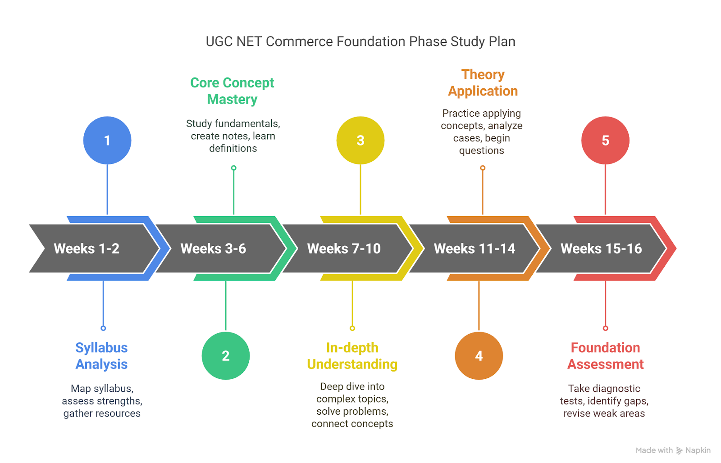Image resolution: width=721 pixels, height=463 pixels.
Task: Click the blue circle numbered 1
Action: (x=107, y=140)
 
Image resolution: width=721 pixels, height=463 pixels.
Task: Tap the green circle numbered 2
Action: (x=226, y=356)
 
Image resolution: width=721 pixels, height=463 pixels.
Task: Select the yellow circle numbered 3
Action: (x=360, y=140)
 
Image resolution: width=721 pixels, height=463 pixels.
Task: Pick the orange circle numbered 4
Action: (x=479, y=356)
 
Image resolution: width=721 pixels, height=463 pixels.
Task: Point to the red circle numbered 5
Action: (x=605, y=140)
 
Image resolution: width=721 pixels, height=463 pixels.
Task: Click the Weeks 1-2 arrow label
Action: (x=87, y=249)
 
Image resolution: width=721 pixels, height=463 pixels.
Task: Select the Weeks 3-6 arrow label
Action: (x=213, y=249)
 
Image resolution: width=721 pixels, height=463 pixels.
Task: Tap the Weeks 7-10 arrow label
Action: (x=344, y=249)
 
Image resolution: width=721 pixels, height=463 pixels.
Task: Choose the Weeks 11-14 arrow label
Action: (x=475, y=249)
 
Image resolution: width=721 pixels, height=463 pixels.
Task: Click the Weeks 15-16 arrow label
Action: (x=601, y=249)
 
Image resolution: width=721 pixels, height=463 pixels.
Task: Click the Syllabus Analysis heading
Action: (x=101, y=356)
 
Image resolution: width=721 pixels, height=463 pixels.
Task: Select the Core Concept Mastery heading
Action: (x=232, y=91)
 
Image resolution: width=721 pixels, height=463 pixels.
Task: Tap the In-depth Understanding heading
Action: (x=352, y=356)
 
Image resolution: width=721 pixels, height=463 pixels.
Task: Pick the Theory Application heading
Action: (x=483, y=83)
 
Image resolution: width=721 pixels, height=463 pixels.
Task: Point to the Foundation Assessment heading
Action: (x=605, y=356)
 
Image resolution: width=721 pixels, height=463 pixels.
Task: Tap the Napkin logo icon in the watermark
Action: (x=679, y=450)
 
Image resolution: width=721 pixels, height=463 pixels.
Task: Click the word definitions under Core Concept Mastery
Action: (x=233, y=148)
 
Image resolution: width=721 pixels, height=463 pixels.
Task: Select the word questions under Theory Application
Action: (x=482, y=150)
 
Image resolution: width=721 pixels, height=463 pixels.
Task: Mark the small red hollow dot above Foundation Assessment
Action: (x=606, y=328)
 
